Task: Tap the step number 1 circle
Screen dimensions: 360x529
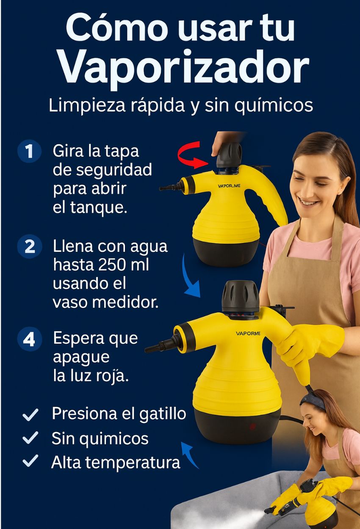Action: pos(29,151)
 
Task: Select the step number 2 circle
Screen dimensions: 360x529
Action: pos(30,246)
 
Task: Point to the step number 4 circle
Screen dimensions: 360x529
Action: pos(29,339)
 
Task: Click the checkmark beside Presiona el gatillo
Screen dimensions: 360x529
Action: pos(30,415)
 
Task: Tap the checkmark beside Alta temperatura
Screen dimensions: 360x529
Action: pos(30,461)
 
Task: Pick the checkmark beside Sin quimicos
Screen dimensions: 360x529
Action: pos(30,438)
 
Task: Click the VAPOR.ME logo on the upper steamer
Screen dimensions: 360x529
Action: pos(229,186)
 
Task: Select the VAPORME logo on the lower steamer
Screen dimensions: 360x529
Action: pos(248,333)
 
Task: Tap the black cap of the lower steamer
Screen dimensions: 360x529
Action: pos(240,296)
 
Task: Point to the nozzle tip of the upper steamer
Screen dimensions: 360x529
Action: pos(161,188)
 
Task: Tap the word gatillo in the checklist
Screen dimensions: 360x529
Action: pos(163,414)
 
